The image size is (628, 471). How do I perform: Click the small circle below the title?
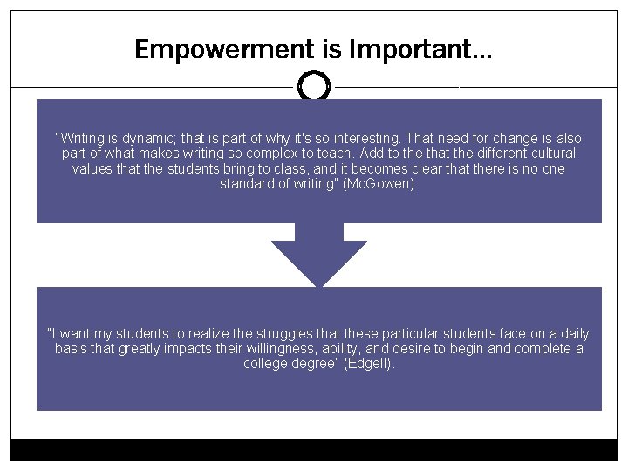coord(313,86)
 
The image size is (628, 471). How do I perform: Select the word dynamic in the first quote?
coord(153,139)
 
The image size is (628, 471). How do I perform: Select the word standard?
coord(249,184)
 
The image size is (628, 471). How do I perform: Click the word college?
coord(266,364)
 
